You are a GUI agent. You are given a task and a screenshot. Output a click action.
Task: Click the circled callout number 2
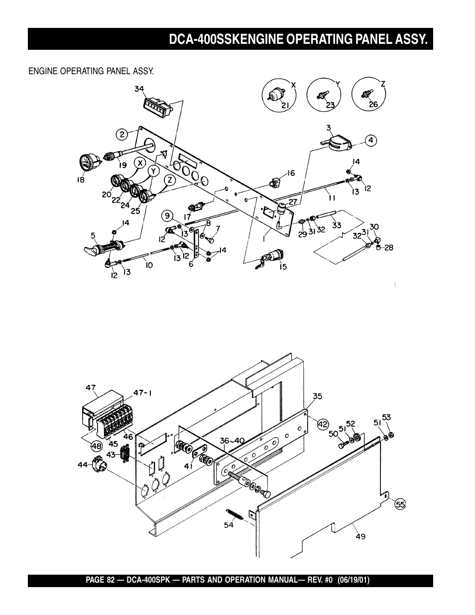pyautogui.click(x=122, y=133)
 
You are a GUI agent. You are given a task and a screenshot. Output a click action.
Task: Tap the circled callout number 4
pyautogui.click(x=370, y=140)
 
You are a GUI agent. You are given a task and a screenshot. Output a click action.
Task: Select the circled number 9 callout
pyautogui.click(x=168, y=216)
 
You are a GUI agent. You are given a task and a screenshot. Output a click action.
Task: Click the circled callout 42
pyautogui.click(x=324, y=424)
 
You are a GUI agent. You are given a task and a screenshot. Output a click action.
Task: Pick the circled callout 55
pyautogui.click(x=400, y=504)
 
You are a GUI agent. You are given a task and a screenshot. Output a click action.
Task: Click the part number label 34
pyautogui.click(x=139, y=89)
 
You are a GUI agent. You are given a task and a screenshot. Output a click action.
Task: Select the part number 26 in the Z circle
pyautogui.click(x=373, y=105)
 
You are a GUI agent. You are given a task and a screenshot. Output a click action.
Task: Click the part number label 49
pyautogui.click(x=360, y=536)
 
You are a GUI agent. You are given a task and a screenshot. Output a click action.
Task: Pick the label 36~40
pyautogui.click(x=233, y=440)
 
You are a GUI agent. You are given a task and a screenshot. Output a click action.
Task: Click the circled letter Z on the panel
pyautogui.click(x=170, y=180)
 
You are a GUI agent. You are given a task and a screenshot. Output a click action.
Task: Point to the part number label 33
pyautogui.click(x=337, y=225)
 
